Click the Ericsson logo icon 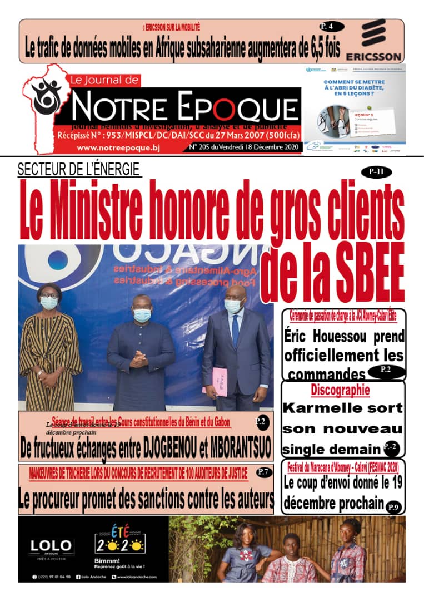[x=373, y=33]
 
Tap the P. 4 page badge [x=332, y=26]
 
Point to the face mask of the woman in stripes [x=49, y=302]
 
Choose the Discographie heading [x=340, y=390]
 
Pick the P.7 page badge [x=263, y=472]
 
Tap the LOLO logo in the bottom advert [x=51, y=546]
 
